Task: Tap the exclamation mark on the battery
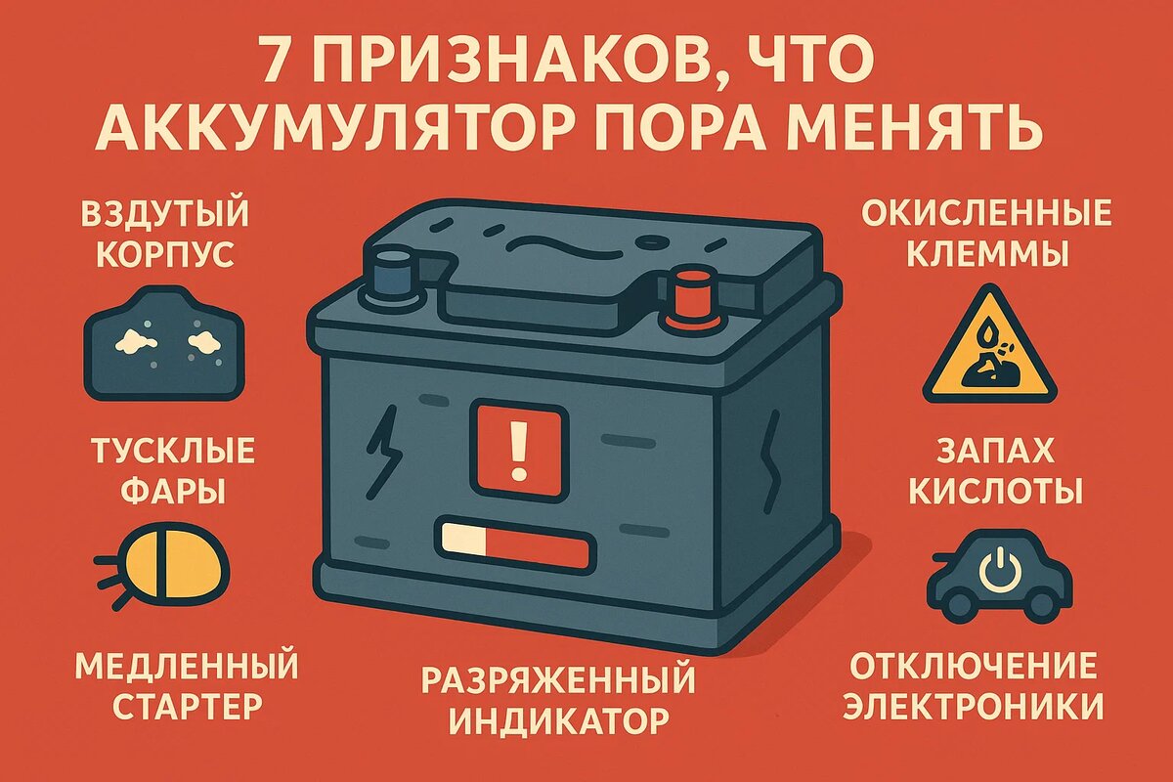518,449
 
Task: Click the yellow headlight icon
176,568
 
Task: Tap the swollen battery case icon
165,343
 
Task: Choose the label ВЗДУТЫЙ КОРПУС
165,233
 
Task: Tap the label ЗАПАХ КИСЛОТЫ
996,470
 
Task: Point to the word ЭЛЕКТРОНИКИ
973,705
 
